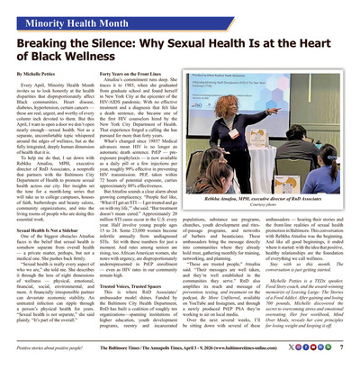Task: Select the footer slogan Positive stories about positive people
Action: click(x=54, y=346)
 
